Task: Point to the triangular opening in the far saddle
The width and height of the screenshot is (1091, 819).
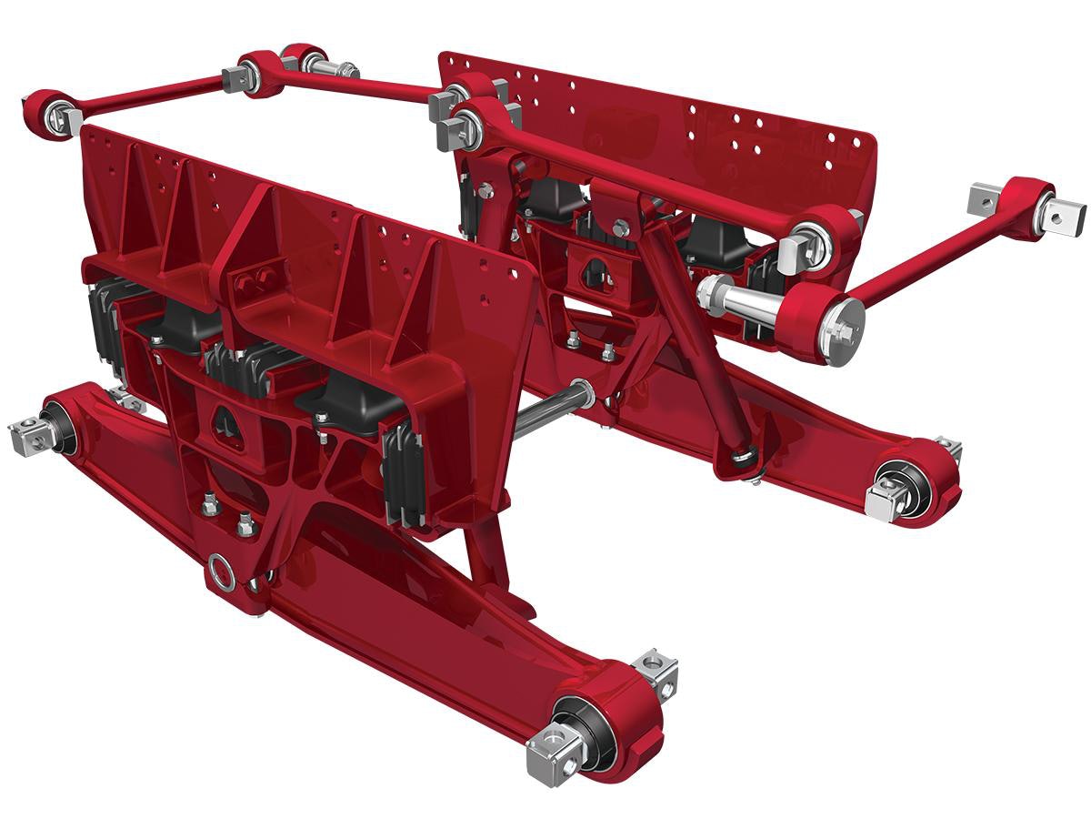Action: [x=592, y=270]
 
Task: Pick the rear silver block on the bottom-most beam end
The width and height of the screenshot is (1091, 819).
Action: [x=657, y=669]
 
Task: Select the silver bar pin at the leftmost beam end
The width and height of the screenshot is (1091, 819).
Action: [x=33, y=434]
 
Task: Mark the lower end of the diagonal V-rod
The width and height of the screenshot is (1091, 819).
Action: [x=745, y=454]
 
